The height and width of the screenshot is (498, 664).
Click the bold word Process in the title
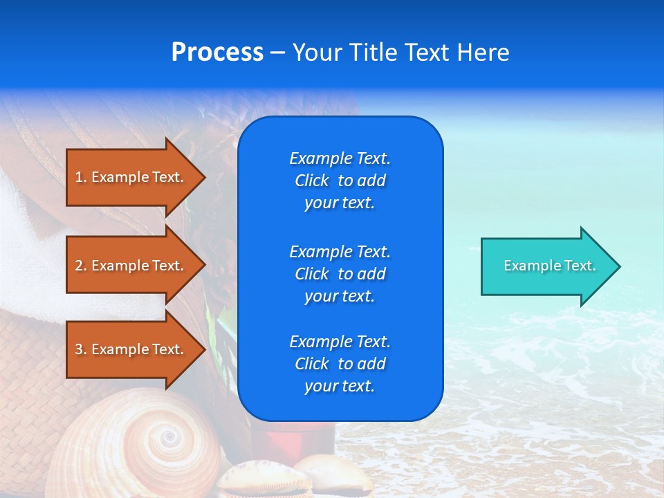click(217, 53)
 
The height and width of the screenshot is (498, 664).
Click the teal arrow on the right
click(546, 266)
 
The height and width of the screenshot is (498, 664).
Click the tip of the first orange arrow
click(203, 177)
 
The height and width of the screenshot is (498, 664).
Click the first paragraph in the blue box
click(340, 181)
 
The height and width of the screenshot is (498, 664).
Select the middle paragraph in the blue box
click(340, 274)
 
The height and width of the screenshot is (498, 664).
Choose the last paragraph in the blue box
click(340, 364)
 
